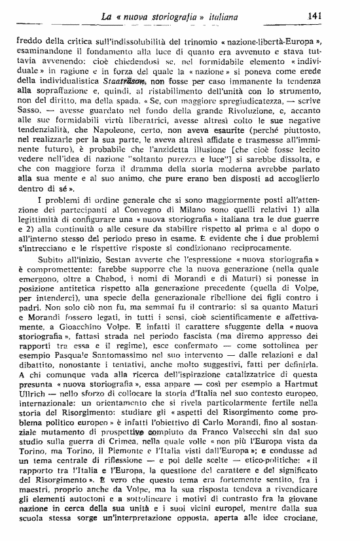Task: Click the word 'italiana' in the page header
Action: (x=217, y=14)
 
